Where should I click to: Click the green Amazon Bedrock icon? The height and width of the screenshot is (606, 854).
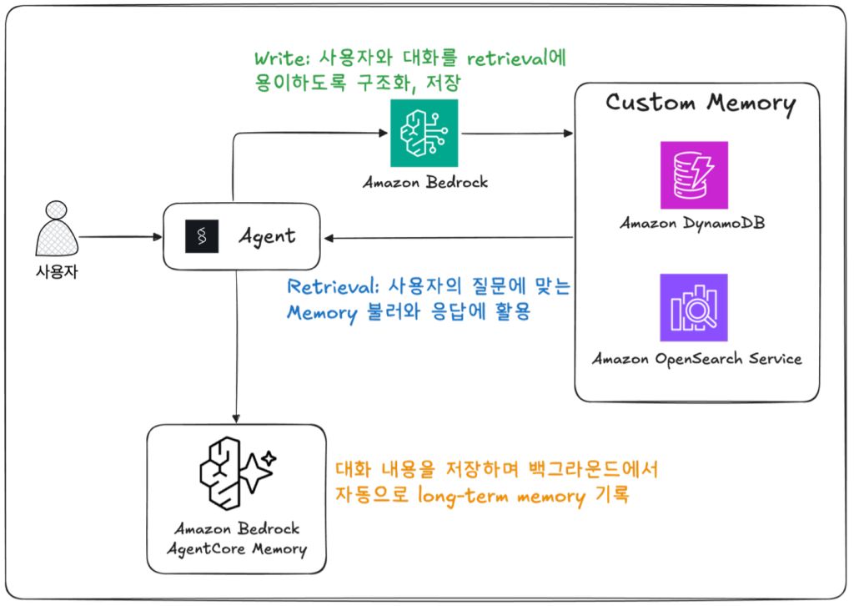424,133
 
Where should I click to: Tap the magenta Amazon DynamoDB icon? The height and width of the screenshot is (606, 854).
694,174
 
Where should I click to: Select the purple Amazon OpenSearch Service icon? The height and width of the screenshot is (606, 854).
694,307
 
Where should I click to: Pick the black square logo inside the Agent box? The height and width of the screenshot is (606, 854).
201,236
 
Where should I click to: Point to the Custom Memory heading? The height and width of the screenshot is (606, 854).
700,104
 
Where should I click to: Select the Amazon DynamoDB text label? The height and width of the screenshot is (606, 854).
694,224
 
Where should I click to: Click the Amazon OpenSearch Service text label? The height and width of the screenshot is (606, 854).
697,359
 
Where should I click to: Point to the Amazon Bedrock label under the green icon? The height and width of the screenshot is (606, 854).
424,183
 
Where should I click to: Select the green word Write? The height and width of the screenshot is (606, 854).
282,60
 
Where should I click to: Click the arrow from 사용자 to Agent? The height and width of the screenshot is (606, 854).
120,237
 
